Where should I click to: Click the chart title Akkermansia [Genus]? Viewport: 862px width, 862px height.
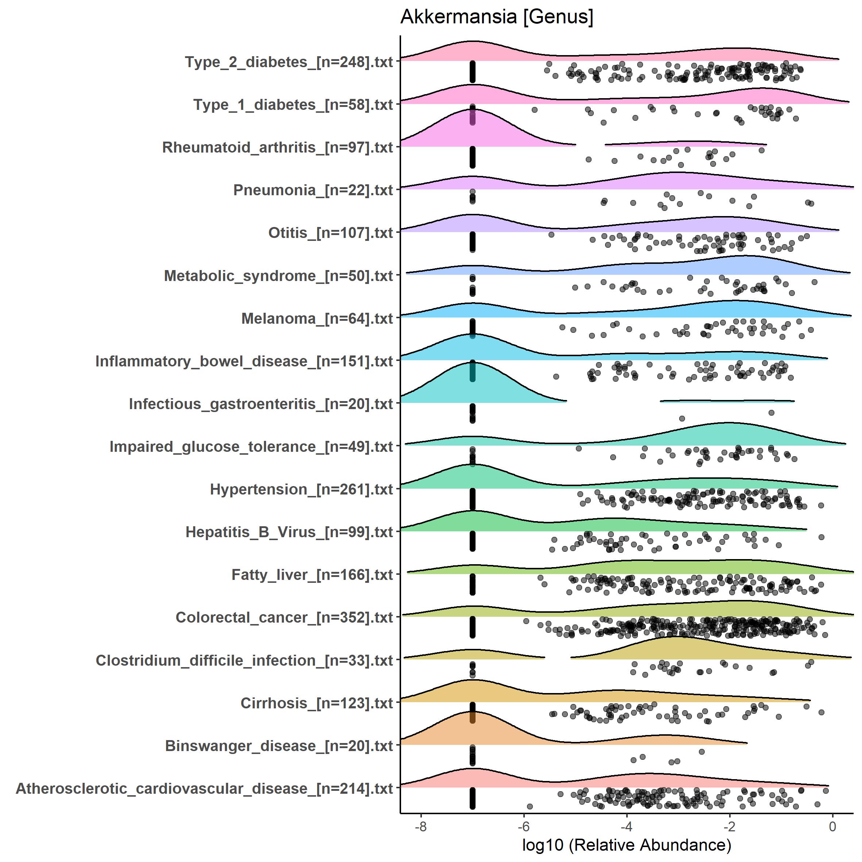tap(497, 17)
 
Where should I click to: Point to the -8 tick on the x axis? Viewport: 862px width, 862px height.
tap(421, 827)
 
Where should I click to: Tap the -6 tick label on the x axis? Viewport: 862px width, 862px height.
tap(524, 827)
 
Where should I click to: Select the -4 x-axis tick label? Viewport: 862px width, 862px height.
tap(626, 827)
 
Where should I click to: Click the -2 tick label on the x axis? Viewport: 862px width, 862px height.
tap(730, 827)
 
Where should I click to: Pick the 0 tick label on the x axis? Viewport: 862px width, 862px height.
tap(832, 827)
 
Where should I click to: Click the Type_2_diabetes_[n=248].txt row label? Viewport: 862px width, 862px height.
tap(289, 62)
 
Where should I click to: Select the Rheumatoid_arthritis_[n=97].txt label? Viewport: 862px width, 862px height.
tap(277, 147)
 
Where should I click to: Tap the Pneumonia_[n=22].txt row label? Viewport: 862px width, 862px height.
tap(313, 190)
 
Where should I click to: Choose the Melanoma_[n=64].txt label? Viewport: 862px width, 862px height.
tap(317, 319)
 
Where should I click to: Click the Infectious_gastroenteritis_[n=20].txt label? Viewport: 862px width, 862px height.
tap(261, 404)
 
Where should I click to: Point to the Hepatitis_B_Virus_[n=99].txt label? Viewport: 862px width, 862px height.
tap(289, 532)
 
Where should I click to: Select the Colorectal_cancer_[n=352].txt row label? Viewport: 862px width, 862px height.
tap(284, 617)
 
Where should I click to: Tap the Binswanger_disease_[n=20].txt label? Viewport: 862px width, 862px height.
tap(279, 746)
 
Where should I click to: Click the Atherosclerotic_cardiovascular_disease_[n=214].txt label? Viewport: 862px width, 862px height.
tap(204, 788)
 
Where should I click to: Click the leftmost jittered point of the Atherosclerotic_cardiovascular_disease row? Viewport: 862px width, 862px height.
tap(530, 806)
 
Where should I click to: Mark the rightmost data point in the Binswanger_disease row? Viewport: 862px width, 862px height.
tap(701, 752)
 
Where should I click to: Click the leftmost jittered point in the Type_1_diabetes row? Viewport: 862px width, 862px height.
tap(535, 110)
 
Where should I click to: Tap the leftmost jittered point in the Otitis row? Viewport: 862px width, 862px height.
tap(551, 235)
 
